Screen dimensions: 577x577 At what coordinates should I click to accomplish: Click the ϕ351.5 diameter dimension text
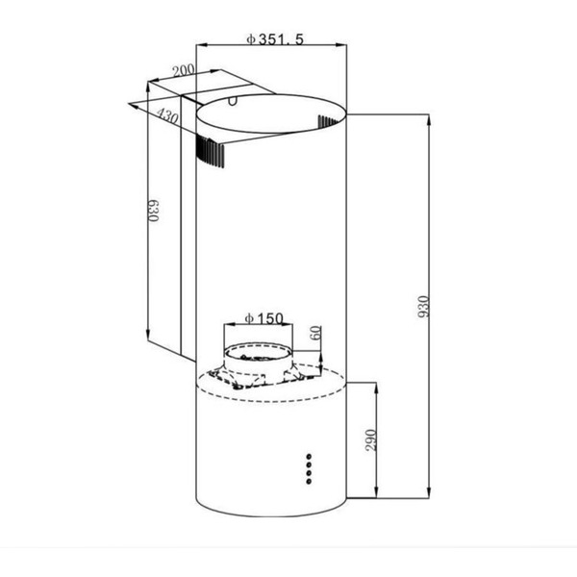click(275, 38)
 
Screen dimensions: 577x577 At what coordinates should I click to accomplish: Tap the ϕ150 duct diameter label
click(263, 319)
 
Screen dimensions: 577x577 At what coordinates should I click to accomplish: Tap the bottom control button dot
click(309, 476)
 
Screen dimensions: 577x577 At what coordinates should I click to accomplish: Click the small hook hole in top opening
click(234, 100)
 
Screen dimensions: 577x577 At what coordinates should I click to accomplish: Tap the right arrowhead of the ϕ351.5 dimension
click(343, 44)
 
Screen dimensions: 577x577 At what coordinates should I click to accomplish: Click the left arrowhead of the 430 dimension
click(132, 105)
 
